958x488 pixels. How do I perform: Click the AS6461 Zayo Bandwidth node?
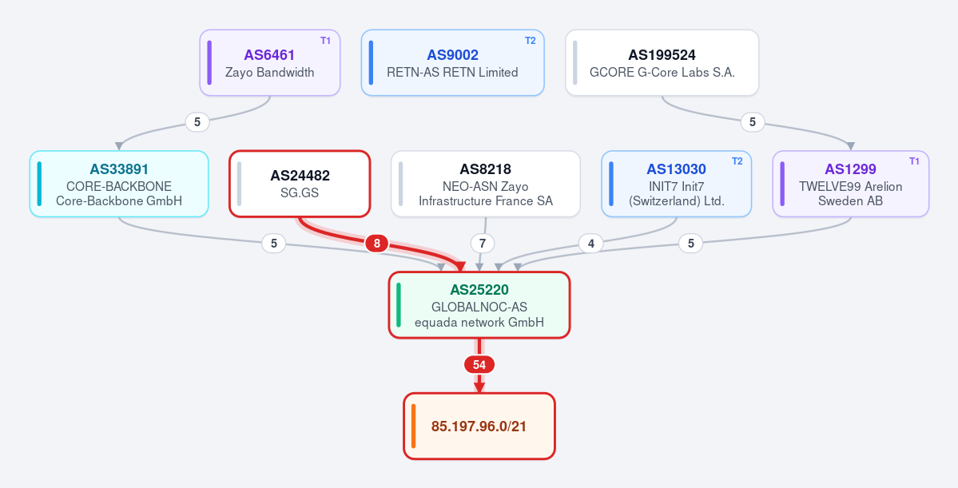coord(269,63)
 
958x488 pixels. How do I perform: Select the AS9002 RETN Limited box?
coord(453,63)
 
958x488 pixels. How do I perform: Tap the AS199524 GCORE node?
coord(662,63)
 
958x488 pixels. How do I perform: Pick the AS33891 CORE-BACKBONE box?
coord(119,184)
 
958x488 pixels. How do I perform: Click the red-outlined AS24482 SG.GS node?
coord(300,184)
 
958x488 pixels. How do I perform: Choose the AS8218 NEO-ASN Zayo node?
coord(486,184)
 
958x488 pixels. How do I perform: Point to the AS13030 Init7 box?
coord(676,184)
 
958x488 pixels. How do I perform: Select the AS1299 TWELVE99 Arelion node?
coord(850,184)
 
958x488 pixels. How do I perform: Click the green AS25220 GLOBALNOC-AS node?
coord(479,305)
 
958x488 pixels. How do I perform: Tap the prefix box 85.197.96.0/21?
coord(479,426)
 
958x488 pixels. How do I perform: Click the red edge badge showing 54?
coord(479,365)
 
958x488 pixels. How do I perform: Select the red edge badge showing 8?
coord(377,244)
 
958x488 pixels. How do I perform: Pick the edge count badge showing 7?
coord(483,244)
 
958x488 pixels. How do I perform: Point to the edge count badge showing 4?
coord(590,244)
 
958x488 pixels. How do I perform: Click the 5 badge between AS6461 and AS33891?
coord(197,122)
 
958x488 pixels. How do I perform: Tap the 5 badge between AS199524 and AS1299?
coord(753,122)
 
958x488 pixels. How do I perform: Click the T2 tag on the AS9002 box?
coord(531,41)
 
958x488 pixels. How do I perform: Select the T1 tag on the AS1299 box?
coord(915,162)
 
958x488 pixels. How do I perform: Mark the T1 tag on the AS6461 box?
coord(326,41)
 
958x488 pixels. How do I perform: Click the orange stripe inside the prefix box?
coord(414,426)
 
